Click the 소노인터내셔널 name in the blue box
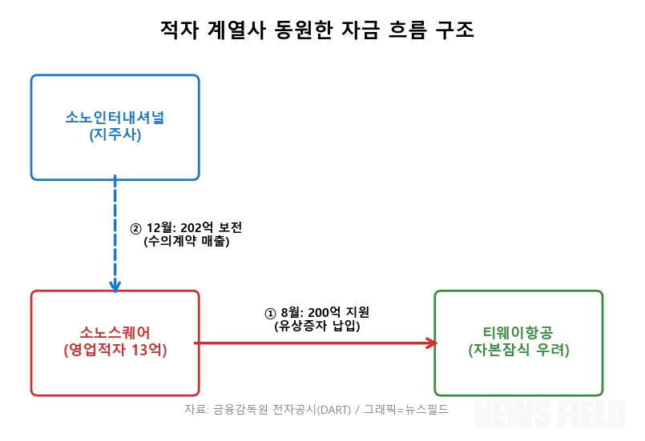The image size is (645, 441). [x=115, y=118]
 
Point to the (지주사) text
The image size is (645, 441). [x=115, y=136]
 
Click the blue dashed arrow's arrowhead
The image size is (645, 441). [x=115, y=286]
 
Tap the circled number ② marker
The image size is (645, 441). [x=135, y=228]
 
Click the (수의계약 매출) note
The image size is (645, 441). [x=186, y=241]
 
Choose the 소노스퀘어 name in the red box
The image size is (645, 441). [x=115, y=332]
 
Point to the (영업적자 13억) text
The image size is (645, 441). [x=115, y=350]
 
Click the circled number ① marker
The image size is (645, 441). [x=271, y=312]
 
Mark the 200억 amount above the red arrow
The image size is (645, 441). [x=325, y=312]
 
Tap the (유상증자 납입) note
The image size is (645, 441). [x=317, y=326]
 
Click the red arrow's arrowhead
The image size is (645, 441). [x=432, y=343]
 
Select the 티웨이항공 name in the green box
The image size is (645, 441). [x=518, y=332]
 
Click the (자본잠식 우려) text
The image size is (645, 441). [x=518, y=350]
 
